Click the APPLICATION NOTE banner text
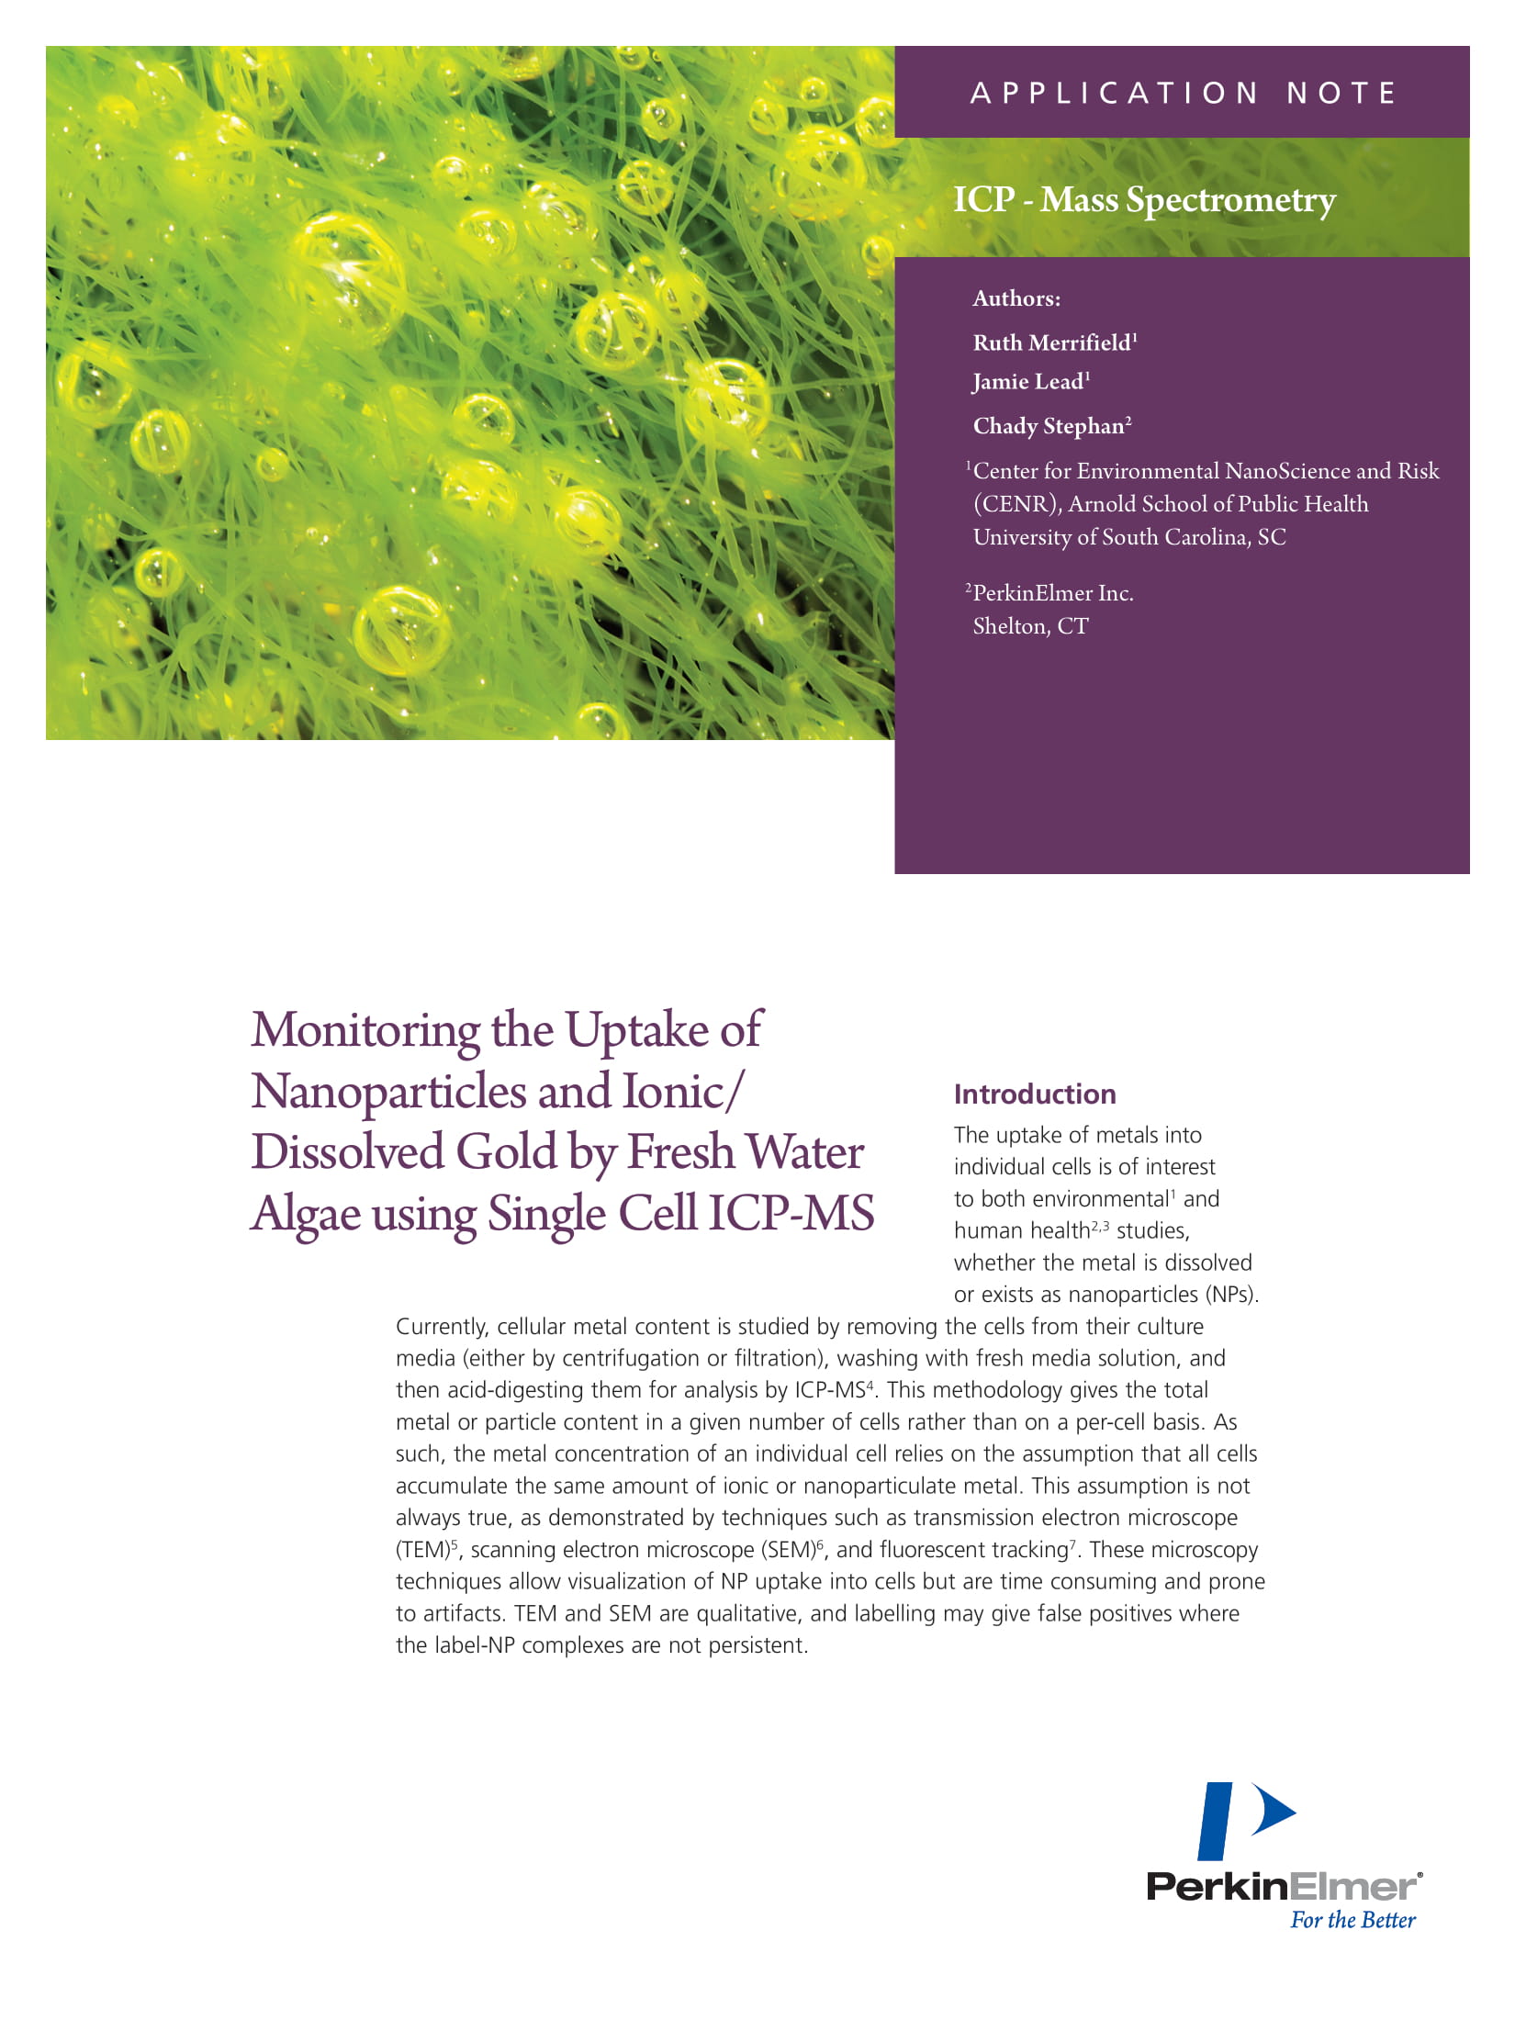(x=1183, y=93)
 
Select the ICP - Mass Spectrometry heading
(x=1144, y=199)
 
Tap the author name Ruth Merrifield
(x=1052, y=343)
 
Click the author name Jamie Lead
(x=1028, y=382)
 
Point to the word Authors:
(x=1016, y=298)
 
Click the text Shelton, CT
(x=1030, y=626)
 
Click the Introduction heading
(x=1035, y=1094)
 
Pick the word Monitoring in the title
(x=365, y=1030)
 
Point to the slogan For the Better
(x=1352, y=1920)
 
